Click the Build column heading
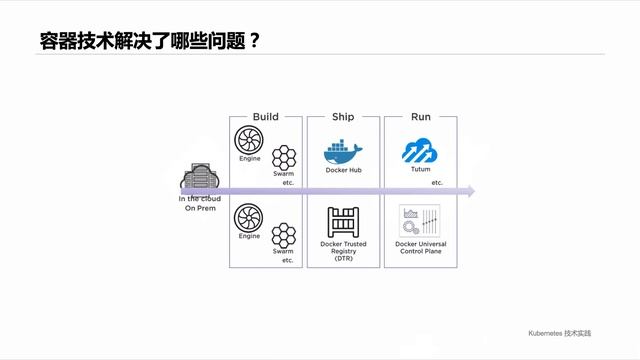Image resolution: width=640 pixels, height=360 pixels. pos(265,117)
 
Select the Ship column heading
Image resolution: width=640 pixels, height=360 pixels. pos(343,117)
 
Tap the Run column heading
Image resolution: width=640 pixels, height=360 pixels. pos(421,117)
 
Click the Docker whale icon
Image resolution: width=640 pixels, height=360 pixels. pos(342,151)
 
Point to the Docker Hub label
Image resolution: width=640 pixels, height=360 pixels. pos(343,170)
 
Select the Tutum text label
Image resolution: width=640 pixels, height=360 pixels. pos(420,170)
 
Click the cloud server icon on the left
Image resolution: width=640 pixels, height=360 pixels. pos(197,181)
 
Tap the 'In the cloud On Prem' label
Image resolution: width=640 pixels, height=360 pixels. pos(199,203)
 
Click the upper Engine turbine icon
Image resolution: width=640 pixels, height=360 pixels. pos(248,141)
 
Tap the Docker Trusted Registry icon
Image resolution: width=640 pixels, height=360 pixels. pos(343,222)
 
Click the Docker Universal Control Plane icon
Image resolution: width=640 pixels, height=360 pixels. pos(420,221)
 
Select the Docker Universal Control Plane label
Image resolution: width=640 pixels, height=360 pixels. pos(421,247)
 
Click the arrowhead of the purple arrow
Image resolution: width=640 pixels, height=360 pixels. pos(470,191)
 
